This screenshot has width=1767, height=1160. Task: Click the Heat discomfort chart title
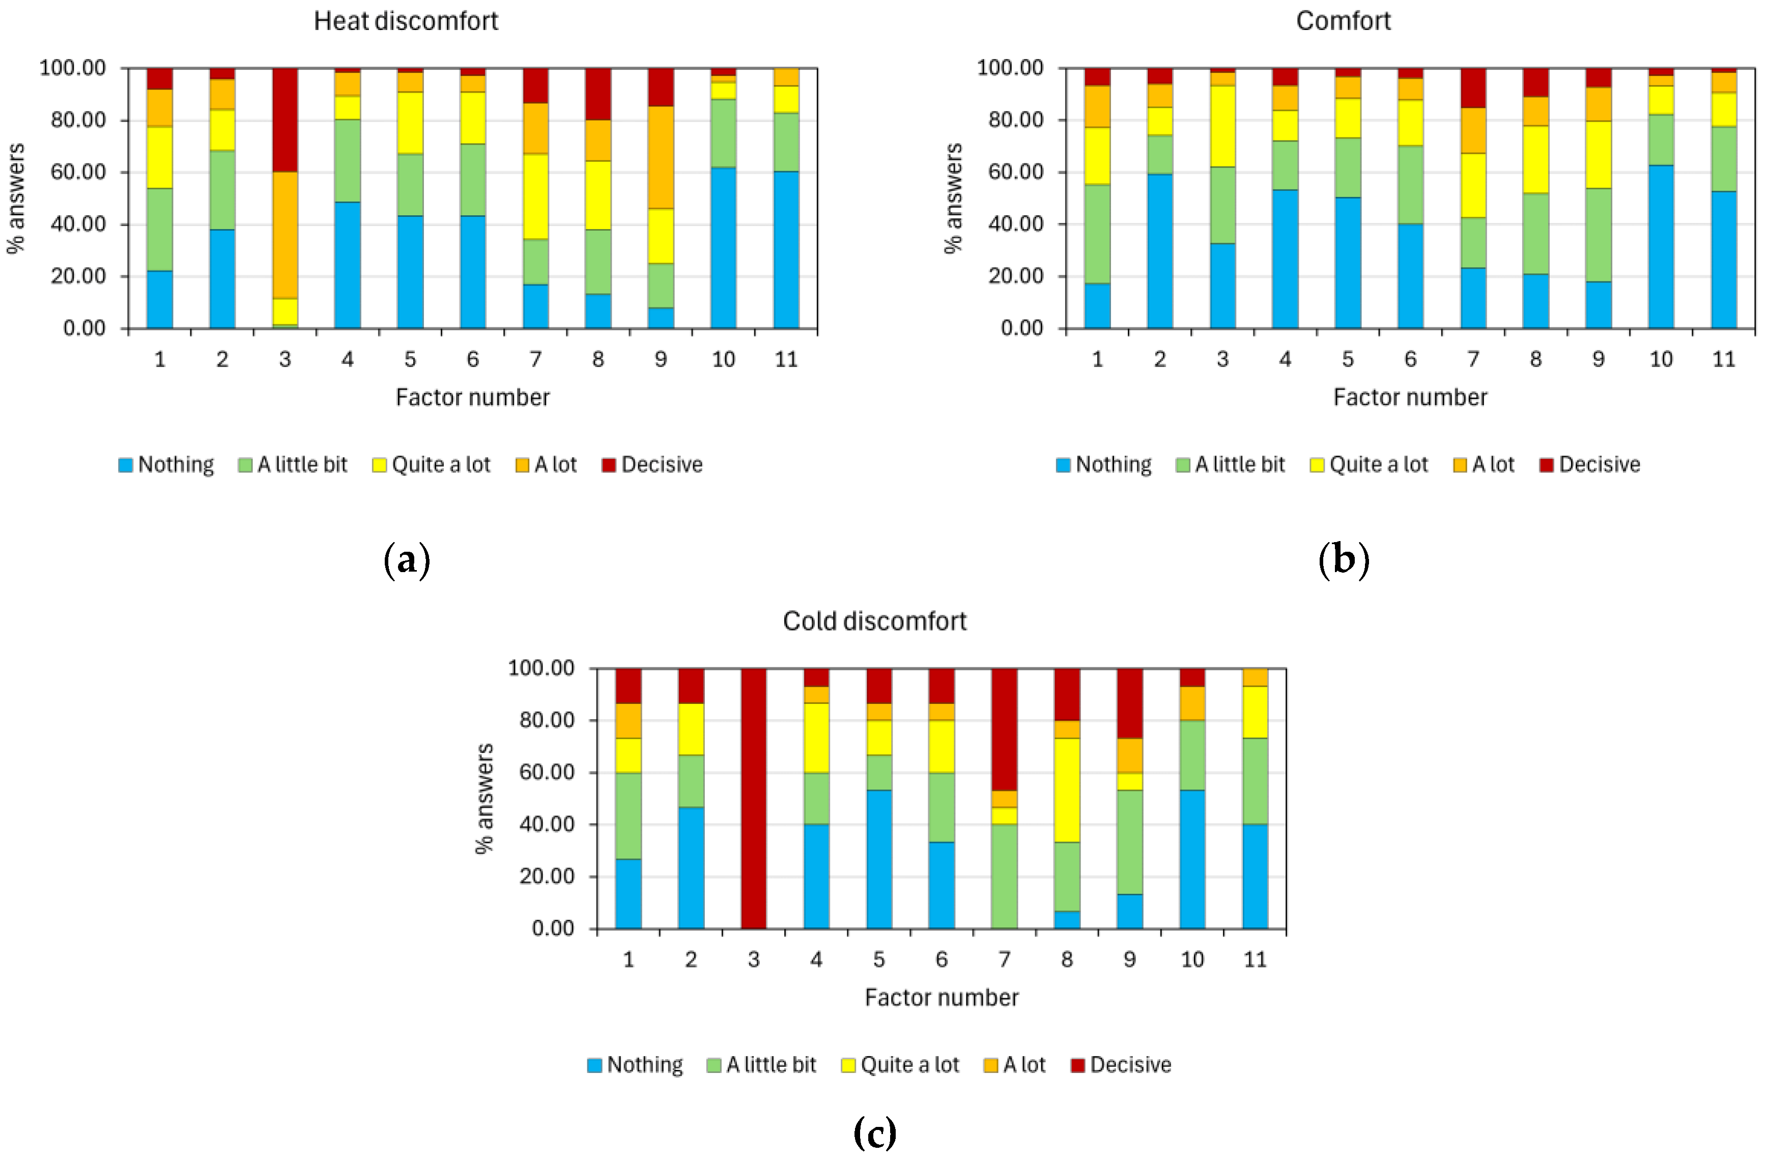pyautogui.click(x=406, y=21)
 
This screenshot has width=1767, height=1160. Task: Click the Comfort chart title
pyautogui.click(x=1343, y=21)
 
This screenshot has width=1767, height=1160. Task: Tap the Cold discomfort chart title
pyautogui.click(x=874, y=621)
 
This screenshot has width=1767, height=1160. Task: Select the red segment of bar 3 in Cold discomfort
pyautogui.click(x=754, y=798)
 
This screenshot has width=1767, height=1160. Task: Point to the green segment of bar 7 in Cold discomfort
pyautogui.click(x=1004, y=876)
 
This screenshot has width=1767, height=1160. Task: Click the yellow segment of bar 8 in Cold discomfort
pyautogui.click(x=1067, y=790)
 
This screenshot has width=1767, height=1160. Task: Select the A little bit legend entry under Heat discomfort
pyautogui.click(x=293, y=465)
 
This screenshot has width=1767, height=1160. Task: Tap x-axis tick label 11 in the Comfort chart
pyautogui.click(x=1723, y=359)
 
